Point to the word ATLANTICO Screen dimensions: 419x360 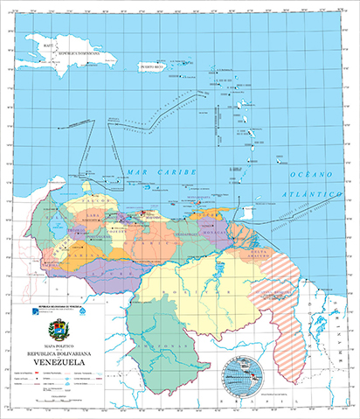312,191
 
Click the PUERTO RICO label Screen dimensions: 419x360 154,66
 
